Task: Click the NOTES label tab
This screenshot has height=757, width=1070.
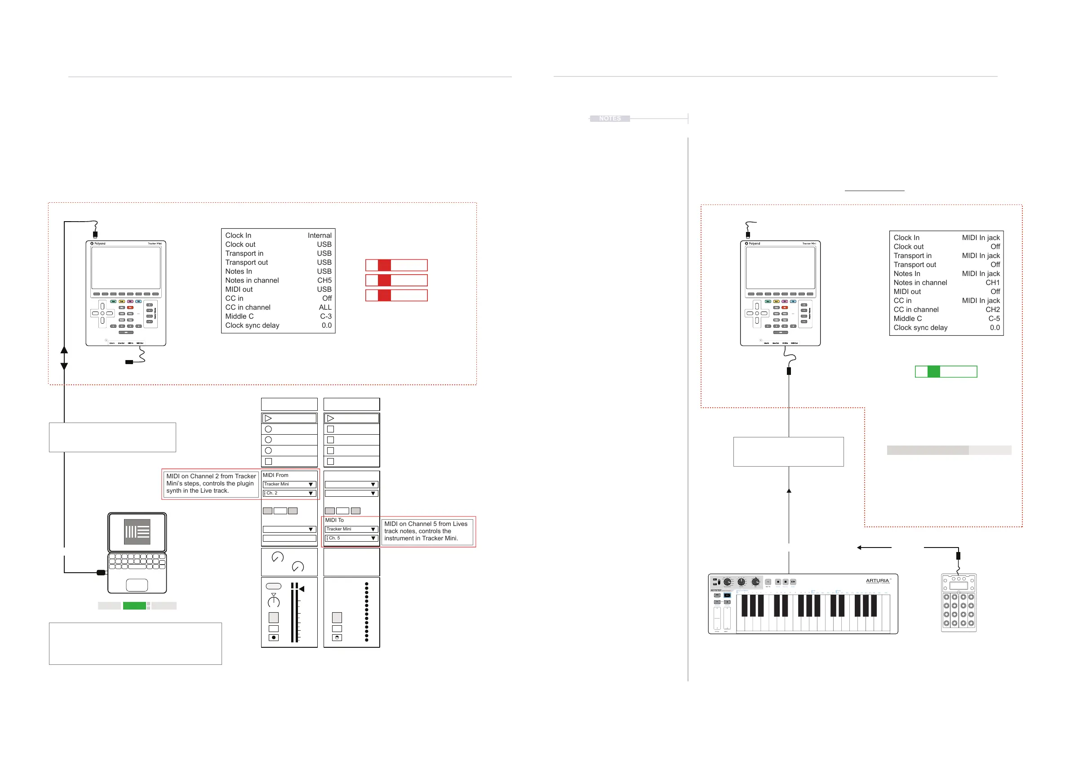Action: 609,118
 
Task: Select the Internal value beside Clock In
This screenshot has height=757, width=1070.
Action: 319,236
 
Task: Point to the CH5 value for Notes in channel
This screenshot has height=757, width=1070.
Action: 324,280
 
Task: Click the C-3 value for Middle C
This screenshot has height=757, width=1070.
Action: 326,316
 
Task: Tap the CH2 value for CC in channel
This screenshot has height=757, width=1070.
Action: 992,310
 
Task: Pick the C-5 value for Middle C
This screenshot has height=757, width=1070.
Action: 994,318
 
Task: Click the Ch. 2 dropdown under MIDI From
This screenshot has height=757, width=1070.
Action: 289,493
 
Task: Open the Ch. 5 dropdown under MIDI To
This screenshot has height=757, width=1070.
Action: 351,538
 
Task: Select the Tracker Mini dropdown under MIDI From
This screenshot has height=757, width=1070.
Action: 289,484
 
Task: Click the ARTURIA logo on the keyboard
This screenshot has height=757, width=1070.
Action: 878,581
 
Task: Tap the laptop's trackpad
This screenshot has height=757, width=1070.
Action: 137,584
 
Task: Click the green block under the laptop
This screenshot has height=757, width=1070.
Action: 134,606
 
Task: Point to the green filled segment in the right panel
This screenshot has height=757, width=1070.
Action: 933,371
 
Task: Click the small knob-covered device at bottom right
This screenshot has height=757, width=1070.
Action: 958,603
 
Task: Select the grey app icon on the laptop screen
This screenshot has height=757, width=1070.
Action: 137,531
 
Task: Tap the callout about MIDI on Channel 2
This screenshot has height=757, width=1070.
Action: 211,483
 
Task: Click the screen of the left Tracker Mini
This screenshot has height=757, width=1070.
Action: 126,268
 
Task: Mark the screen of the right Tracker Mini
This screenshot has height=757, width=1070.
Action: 780,268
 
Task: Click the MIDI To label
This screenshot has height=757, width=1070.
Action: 334,520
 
